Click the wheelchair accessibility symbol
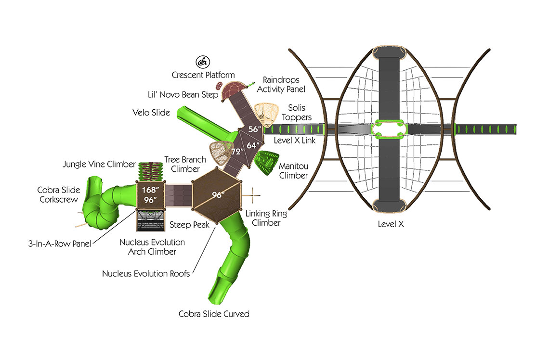202,62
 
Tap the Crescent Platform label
203,75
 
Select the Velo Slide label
151,113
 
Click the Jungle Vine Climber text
99,165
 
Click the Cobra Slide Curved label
214,314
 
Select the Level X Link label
295,140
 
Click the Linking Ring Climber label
262,218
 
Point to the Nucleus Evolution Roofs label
146,273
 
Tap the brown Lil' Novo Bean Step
219,87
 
